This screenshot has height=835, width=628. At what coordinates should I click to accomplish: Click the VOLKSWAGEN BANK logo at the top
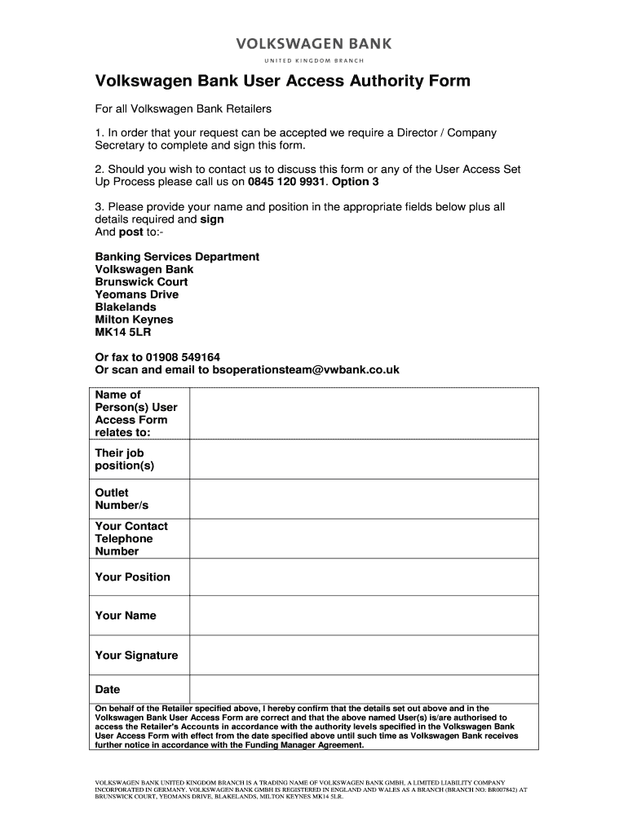pyautogui.click(x=313, y=43)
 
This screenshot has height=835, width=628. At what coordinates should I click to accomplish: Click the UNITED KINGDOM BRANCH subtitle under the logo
pyautogui.click(x=313, y=61)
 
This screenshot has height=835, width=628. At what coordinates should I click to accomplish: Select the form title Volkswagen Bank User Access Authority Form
pyautogui.click(x=282, y=82)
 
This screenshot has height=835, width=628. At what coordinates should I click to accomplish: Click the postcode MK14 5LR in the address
pyautogui.click(x=123, y=333)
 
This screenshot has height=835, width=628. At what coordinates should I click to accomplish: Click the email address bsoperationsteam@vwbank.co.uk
pyautogui.click(x=306, y=369)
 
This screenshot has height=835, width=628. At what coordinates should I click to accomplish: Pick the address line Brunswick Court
pyautogui.click(x=141, y=282)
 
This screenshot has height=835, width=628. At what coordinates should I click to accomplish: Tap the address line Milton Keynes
pyautogui.click(x=134, y=320)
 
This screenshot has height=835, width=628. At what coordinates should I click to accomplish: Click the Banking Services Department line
pyautogui.click(x=177, y=257)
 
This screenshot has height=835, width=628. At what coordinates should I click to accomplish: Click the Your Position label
pyautogui.click(x=132, y=577)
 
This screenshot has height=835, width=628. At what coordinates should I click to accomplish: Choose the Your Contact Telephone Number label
pyautogui.click(x=131, y=538)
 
